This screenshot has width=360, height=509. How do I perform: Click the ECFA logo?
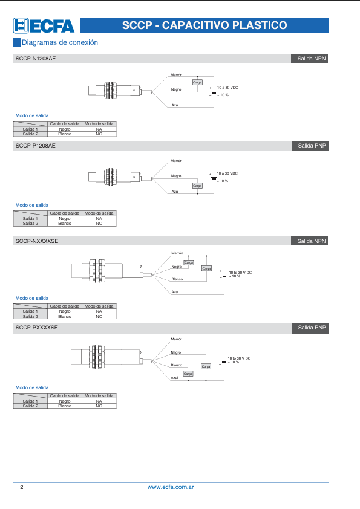click(x=44, y=25)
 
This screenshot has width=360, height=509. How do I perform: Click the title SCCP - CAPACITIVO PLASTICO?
click(x=205, y=25)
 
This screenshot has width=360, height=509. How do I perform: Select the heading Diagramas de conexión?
click(x=60, y=42)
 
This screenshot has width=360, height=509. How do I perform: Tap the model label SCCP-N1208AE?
click(x=36, y=59)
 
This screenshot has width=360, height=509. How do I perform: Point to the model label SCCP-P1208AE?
click(x=36, y=146)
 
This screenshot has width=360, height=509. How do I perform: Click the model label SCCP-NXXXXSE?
click(x=37, y=241)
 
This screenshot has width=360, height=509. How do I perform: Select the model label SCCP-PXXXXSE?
click(x=37, y=328)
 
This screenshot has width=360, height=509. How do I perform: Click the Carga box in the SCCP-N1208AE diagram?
click(x=197, y=82)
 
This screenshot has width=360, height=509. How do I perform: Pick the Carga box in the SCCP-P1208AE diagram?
click(x=197, y=186)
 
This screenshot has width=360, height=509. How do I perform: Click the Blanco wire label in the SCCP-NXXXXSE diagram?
click(x=177, y=279)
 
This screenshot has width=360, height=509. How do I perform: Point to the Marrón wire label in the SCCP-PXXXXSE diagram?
click(x=177, y=339)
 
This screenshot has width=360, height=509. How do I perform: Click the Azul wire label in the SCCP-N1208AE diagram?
click(x=175, y=105)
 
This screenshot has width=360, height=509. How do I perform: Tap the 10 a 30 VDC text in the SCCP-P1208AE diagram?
click(x=227, y=173)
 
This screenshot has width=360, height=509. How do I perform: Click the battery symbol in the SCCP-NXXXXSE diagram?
click(x=224, y=275)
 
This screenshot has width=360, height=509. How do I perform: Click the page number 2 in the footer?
click(x=22, y=487)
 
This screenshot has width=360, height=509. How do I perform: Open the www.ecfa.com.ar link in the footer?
click(x=171, y=487)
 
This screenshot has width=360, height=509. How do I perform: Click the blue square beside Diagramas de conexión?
click(x=17, y=42)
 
